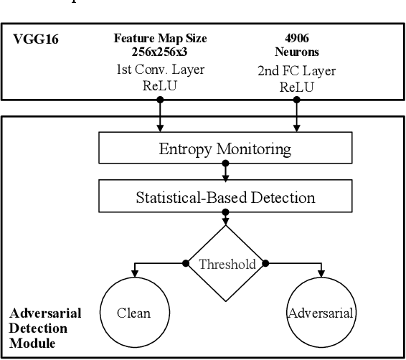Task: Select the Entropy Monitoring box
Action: (225, 149)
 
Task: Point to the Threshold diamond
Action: (227, 264)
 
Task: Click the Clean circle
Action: (133, 313)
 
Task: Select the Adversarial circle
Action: (320, 313)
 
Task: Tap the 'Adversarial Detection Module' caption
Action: (44, 328)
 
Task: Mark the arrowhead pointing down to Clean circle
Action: (133, 273)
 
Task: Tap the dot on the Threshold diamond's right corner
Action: (266, 264)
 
